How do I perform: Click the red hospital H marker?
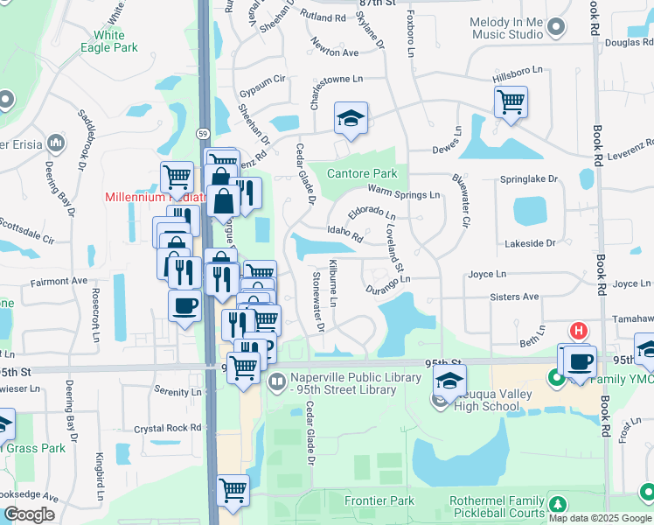tap(578, 331)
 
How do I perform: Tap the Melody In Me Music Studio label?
tap(506, 28)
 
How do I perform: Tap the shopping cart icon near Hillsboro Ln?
tap(511, 101)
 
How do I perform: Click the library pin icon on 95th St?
tap(277, 381)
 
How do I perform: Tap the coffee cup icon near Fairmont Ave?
tap(184, 306)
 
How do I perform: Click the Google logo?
tap(28, 514)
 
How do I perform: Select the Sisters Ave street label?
tap(515, 297)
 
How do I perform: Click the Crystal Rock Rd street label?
tap(168, 429)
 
